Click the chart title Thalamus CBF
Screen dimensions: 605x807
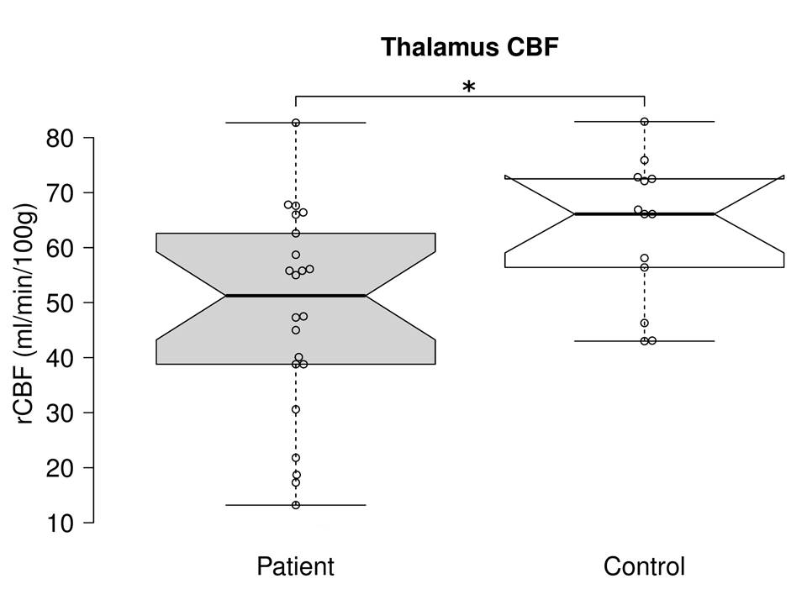tap(469, 47)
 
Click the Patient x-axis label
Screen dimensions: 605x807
tap(295, 566)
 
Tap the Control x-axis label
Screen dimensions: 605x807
tap(644, 566)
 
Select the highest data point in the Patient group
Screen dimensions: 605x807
tap(296, 123)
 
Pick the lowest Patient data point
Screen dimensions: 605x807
tap(296, 505)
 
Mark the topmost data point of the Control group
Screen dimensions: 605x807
tap(644, 122)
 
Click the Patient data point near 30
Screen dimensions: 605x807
tap(296, 409)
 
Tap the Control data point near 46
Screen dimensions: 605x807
tap(644, 323)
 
